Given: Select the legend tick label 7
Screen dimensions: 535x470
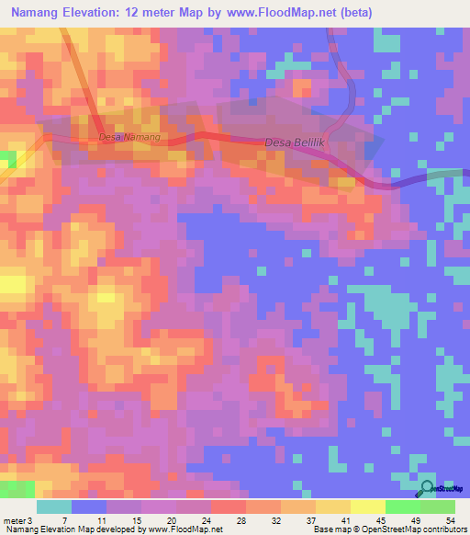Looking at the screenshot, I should pos(65,521).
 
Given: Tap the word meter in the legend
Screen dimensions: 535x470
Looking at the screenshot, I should pos(14,521).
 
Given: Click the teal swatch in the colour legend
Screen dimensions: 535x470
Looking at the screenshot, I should pos(54,507).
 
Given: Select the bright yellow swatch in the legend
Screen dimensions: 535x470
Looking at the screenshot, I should pos(367,507).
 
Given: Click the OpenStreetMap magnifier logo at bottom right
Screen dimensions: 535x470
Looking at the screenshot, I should pos(427,488).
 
